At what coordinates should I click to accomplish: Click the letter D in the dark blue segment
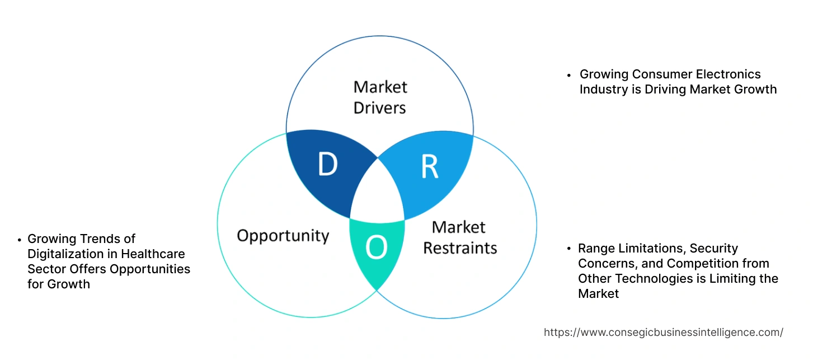pyautogui.click(x=328, y=165)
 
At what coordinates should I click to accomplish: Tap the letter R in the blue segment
pyautogui.click(x=429, y=166)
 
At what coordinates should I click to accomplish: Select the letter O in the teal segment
pyautogui.click(x=376, y=248)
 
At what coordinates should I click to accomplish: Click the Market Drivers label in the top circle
pyautogui.click(x=380, y=97)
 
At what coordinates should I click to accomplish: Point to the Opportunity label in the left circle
pyautogui.click(x=283, y=235)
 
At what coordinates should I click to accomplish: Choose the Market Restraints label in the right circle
pyautogui.click(x=459, y=237)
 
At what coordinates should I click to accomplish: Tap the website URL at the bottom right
pyautogui.click(x=663, y=332)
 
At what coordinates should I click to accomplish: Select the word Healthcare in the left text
pyautogui.click(x=153, y=254)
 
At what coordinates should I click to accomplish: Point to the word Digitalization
pyautogui.click(x=67, y=254)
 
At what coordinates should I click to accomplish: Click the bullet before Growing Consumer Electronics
pyautogui.click(x=569, y=74)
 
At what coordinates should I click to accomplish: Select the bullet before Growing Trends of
pyautogui.click(x=20, y=240)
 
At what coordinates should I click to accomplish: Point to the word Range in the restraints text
pyautogui.click(x=595, y=248)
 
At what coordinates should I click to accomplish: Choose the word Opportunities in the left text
pyautogui.click(x=150, y=269)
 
